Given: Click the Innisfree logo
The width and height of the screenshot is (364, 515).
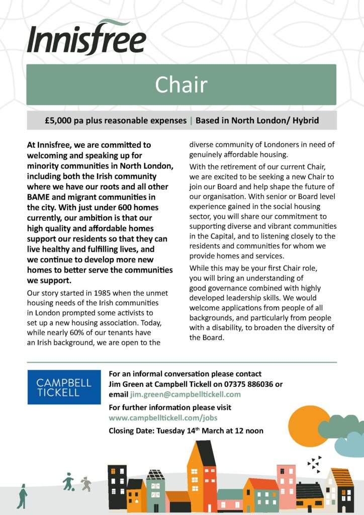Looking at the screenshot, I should [x=86, y=38].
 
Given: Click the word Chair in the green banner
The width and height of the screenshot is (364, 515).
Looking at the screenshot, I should [x=181, y=84].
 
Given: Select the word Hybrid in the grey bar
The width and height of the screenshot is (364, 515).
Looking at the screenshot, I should [x=303, y=121].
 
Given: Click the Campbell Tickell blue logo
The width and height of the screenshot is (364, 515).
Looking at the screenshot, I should [x=64, y=387].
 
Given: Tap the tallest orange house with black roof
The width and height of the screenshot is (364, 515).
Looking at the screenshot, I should [x=202, y=475].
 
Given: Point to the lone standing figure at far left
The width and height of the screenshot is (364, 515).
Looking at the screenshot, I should [x=22, y=496].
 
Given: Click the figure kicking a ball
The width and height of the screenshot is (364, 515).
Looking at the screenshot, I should [x=68, y=481].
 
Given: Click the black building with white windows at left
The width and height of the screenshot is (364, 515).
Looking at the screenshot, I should [x=117, y=485].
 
